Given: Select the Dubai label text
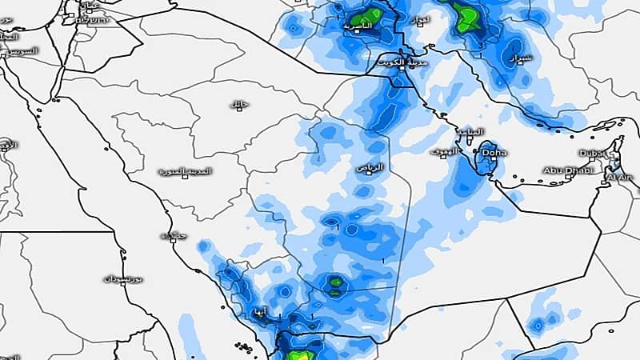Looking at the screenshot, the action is coord(591,153).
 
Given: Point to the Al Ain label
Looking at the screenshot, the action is coord(620,177).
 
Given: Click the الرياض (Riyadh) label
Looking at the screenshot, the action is coord(370,166).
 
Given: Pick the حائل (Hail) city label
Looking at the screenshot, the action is coord(238,105).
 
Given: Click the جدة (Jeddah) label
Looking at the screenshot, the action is coord(169,236).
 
